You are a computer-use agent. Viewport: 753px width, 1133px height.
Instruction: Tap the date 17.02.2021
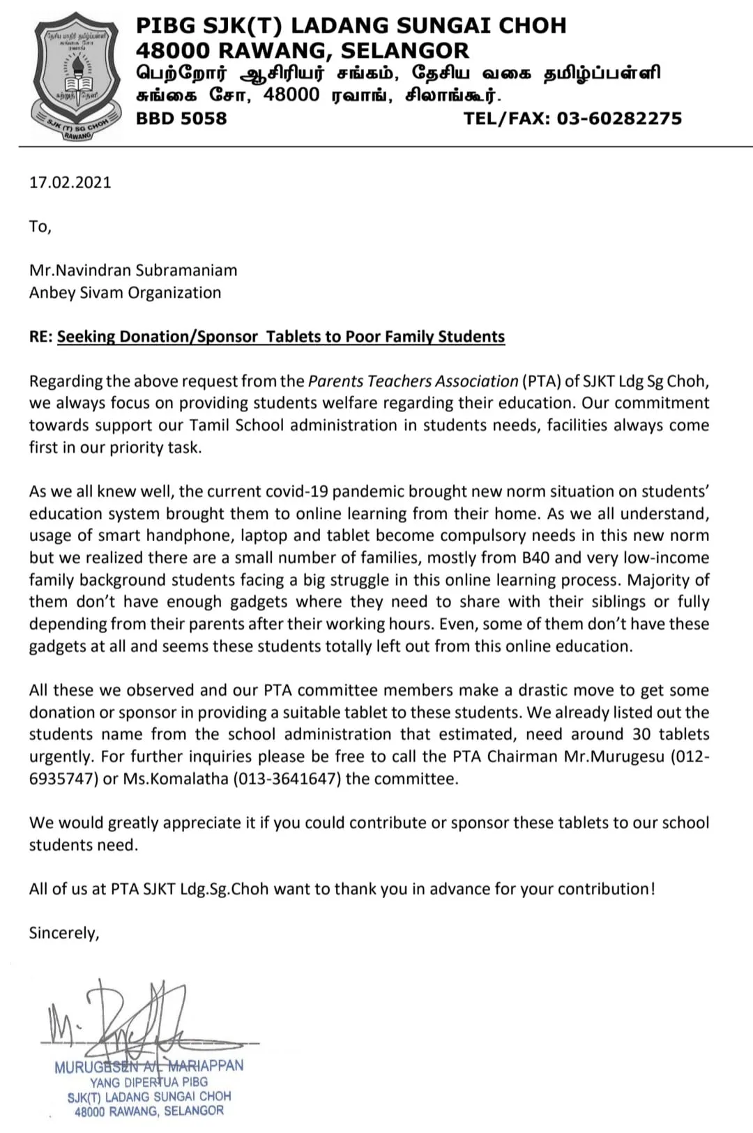click(x=70, y=183)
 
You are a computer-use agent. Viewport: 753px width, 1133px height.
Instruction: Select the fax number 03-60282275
click(x=619, y=119)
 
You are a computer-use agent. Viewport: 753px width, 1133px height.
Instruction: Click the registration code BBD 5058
click(x=181, y=119)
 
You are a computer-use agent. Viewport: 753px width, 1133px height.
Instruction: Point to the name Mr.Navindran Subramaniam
click(x=133, y=271)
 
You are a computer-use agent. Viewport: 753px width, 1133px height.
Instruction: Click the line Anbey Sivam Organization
click(x=125, y=293)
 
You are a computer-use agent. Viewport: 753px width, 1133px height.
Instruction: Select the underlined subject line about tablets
click(x=280, y=337)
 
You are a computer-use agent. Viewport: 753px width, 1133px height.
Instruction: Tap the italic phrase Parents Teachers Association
click(x=413, y=381)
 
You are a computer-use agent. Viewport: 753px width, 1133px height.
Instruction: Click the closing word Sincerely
click(x=63, y=933)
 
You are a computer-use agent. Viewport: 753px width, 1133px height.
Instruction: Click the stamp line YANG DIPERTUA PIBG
click(x=149, y=1082)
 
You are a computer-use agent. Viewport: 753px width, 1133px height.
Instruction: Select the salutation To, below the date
click(x=40, y=227)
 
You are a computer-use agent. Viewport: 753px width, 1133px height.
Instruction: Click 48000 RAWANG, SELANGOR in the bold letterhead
click(x=302, y=50)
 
